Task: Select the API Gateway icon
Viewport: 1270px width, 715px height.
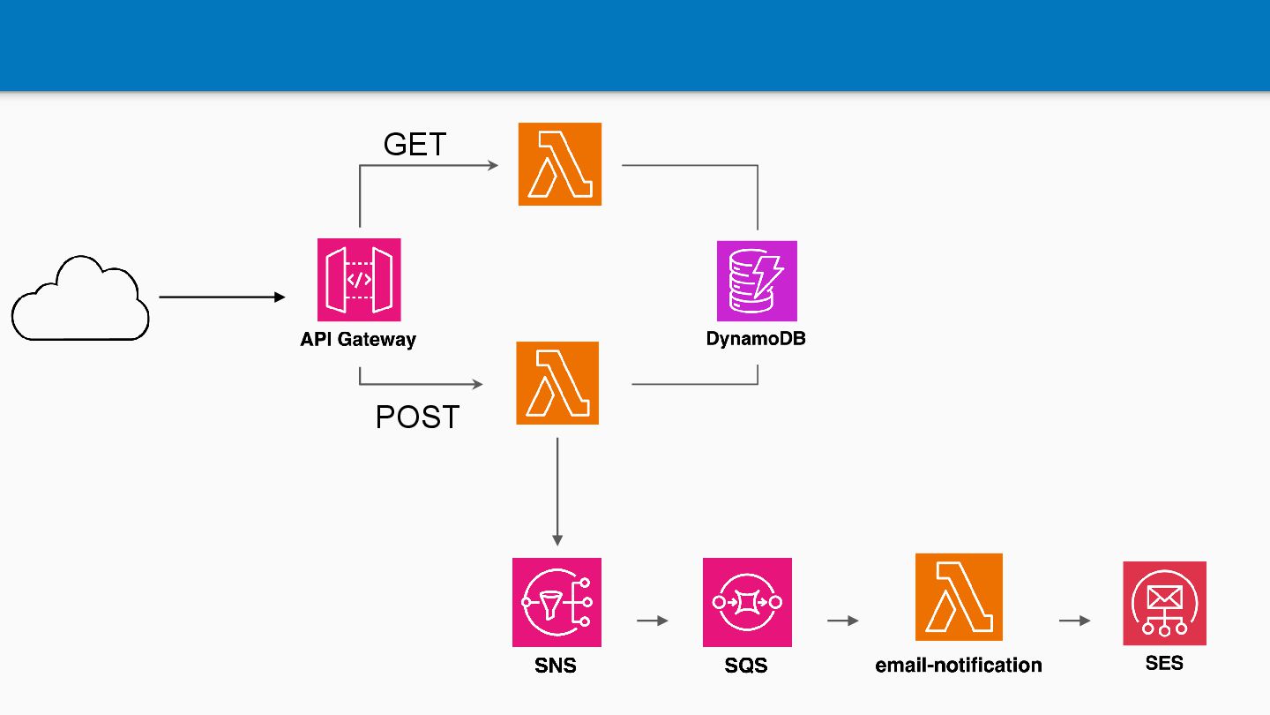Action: [x=359, y=280]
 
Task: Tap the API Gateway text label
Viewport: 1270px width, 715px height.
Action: [x=358, y=339]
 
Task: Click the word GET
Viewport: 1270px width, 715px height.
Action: [x=415, y=144]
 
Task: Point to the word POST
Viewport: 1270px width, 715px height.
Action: [x=417, y=417]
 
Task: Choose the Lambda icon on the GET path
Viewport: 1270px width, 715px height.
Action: [x=559, y=164]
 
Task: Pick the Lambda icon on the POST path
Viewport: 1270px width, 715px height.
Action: [x=557, y=383]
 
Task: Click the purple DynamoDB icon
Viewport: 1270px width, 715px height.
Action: [x=757, y=281]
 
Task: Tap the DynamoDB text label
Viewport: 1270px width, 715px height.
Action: [x=756, y=338]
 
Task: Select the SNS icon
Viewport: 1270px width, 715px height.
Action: [x=557, y=602]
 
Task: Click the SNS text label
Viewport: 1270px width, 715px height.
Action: [x=555, y=665]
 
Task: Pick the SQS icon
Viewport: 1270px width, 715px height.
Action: [x=747, y=602]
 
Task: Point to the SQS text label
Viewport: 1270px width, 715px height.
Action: [x=745, y=665]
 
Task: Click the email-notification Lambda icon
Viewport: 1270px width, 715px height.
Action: [x=959, y=597]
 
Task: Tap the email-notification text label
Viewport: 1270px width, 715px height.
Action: [x=958, y=665]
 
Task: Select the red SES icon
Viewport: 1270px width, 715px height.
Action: [x=1164, y=603]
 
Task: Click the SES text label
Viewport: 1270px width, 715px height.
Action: [x=1164, y=663]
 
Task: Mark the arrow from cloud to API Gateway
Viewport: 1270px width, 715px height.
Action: [x=221, y=297]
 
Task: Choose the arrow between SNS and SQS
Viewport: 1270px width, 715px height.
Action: [x=653, y=621]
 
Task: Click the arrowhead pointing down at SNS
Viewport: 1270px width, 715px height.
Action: [x=557, y=539]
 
